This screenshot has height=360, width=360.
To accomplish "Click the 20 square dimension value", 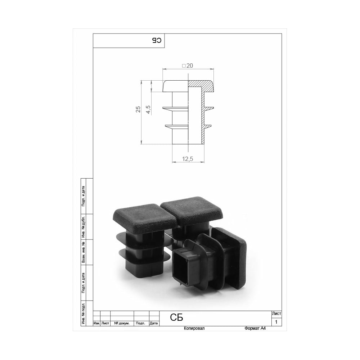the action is click(188, 66).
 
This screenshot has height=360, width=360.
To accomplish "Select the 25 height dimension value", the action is click(138, 109).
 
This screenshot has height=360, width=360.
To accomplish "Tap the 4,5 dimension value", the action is click(148, 109).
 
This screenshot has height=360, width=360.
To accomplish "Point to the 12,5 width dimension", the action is click(188, 159).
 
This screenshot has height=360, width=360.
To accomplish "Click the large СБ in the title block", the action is click(176, 318).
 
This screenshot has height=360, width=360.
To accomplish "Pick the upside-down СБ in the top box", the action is click(157, 40).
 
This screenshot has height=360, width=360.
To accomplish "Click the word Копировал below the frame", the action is click(194, 328).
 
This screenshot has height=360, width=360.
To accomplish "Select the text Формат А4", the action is click(255, 328).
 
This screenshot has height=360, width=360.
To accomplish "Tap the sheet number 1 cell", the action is click(276, 322).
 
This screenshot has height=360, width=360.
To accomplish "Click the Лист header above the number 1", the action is click(276, 314).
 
